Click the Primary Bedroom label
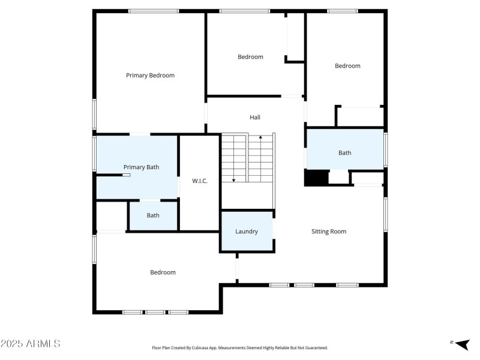pyautogui.click(x=150, y=76)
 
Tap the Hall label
pyautogui.click(x=255, y=118)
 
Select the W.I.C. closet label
pyautogui.click(x=200, y=181)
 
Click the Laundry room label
pyautogui.click(x=247, y=232)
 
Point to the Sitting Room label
pyautogui.click(x=329, y=232)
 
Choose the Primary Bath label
pyautogui.click(x=141, y=167)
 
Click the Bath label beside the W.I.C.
pyautogui.click(x=153, y=215)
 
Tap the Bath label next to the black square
pyautogui.click(x=344, y=153)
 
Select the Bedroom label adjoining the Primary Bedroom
pyautogui.click(x=250, y=57)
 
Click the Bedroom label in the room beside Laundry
pyautogui.click(x=163, y=272)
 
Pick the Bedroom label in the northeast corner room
pyautogui.click(x=347, y=66)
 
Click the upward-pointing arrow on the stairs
pyautogui.click(x=260, y=139)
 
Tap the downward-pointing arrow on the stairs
pyautogui.click(x=233, y=178)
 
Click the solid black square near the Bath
pyautogui.click(x=316, y=178)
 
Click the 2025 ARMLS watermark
pyautogui.click(x=31, y=344)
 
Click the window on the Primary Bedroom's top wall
pyautogui.click(x=154, y=11)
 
